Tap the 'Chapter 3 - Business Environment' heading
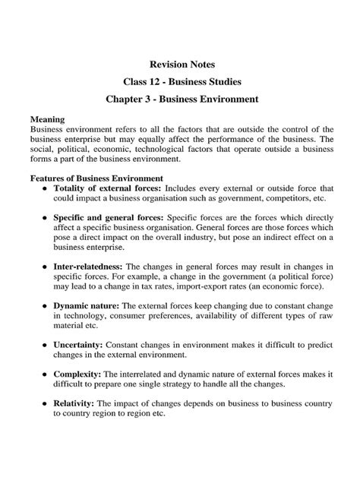point(180,99)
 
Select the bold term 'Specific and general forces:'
point(108,216)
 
